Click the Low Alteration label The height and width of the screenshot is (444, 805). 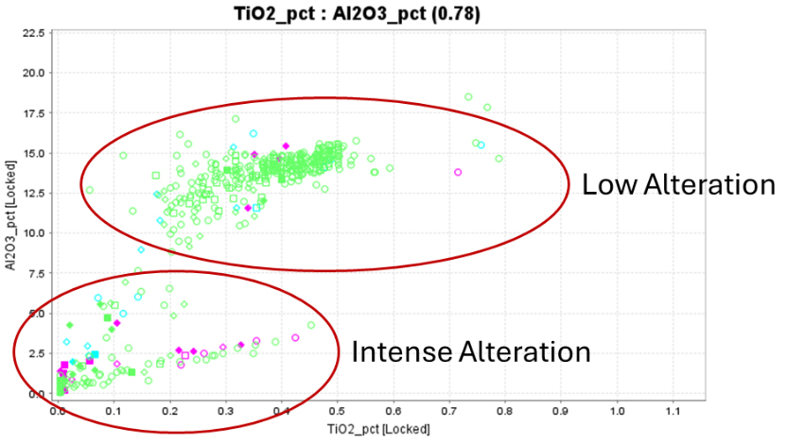(678, 184)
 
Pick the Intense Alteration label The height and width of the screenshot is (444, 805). (471, 352)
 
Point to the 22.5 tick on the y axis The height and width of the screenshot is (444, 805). (34, 34)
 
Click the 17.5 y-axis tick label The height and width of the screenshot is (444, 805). (34, 113)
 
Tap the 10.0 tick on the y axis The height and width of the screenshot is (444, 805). (34, 233)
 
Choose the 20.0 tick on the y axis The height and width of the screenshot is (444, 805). (34, 74)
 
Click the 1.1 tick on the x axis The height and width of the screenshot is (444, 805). (674, 413)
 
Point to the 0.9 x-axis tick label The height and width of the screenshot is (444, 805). (562, 413)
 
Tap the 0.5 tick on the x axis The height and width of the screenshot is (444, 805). (338, 413)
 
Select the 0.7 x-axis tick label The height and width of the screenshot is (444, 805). (449, 413)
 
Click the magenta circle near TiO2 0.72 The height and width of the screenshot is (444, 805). (458, 172)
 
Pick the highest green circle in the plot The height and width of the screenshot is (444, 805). (468, 96)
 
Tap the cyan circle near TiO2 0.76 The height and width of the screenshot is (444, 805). (481, 145)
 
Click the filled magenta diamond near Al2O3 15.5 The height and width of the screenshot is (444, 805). (286, 145)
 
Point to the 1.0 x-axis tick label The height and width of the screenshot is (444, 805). (618, 413)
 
